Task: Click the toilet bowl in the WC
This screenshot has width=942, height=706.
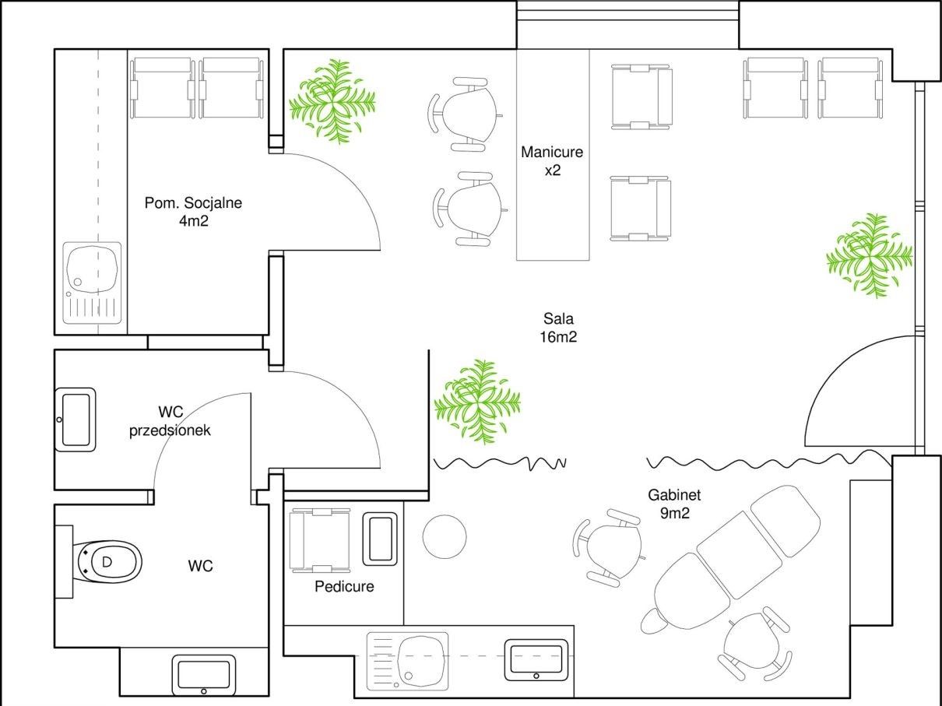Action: click(x=107, y=562)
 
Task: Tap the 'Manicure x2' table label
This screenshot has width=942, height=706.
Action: click(x=552, y=161)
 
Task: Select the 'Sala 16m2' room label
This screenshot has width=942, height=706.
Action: click(x=558, y=328)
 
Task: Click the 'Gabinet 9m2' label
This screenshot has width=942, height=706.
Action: click(x=674, y=504)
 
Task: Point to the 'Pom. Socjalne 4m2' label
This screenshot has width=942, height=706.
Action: click(x=193, y=212)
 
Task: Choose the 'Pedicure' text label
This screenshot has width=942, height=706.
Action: click(x=344, y=586)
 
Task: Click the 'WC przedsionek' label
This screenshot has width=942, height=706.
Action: click(x=170, y=421)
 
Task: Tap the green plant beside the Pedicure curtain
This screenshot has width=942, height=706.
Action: click(x=477, y=402)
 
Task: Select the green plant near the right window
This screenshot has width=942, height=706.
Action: click(x=870, y=255)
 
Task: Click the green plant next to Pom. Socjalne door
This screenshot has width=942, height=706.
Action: click(x=332, y=101)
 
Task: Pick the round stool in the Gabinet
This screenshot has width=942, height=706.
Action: click(x=445, y=536)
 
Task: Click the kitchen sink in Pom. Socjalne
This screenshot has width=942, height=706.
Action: click(x=93, y=283)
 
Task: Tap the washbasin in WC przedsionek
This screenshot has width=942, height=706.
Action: click(x=76, y=420)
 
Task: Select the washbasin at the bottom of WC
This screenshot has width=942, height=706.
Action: click(x=204, y=675)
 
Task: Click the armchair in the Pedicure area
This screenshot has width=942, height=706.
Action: click(x=320, y=540)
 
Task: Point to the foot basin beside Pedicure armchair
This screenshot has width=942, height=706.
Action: click(x=380, y=539)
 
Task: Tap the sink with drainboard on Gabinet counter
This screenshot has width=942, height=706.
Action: click(x=407, y=661)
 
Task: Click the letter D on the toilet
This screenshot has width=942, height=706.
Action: click(x=107, y=561)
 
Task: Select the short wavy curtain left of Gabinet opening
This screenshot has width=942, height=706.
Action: click(x=500, y=463)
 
